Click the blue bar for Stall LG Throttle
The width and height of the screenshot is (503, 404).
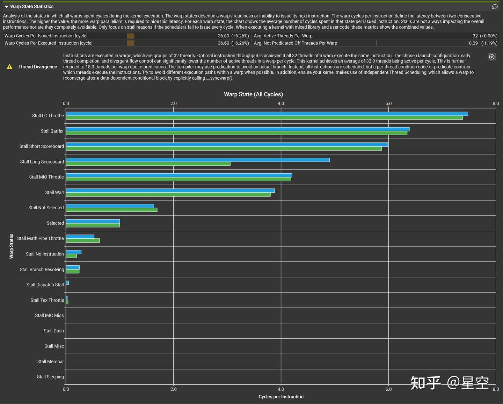pyautogui.click(x=267, y=114)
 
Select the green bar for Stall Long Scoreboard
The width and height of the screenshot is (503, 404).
pyautogui.click(x=148, y=164)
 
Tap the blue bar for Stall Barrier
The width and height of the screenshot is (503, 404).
pyautogui.click(x=238, y=129)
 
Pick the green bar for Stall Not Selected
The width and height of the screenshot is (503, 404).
pyautogui.click(x=111, y=210)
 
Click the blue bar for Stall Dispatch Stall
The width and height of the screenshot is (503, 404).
pyautogui.click(x=67, y=283)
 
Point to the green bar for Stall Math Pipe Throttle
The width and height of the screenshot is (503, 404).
pyautogui.click(x=83, y=240)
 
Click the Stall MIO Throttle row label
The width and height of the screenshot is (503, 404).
pyautogui.click(x=46, y=177)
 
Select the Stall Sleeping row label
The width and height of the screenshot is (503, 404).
pyautogui.click(x=50, y=377)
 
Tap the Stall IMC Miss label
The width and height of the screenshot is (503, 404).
pyautogui.click(x=49, y=315)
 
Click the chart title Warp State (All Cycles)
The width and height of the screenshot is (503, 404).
pyautogui.click(x=253, y=94)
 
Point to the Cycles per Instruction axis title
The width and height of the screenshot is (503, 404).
pyautogui.click(x=281, y=397)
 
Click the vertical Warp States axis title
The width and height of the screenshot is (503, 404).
pyautogui.click(x=11, y=246)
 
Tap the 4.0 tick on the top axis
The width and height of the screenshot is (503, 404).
pyautogui.click(x=281, y=103)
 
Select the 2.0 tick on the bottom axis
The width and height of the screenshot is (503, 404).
pyautogui.click(x=174, y=389)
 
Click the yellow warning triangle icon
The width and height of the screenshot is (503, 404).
pyautogui.click(x=9, y=67)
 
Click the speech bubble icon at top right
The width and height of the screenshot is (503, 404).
pyautogui.click(x=495, y=7)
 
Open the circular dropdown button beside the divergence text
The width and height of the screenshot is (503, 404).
pyautogui.click(x=491, y=57)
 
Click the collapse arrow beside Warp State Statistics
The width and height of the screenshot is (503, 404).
pyautogui.click(x=6, y=7)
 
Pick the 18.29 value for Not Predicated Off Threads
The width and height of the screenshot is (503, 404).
pyautogui.click(x=472, y=43)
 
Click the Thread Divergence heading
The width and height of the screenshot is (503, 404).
pyautogui.click(x=38, y=67)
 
